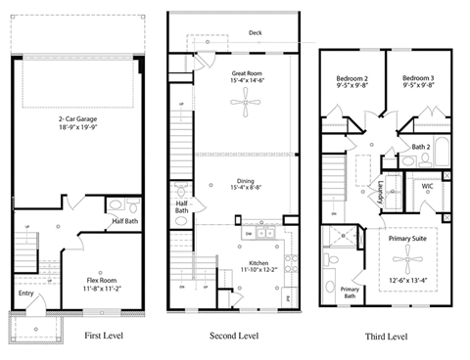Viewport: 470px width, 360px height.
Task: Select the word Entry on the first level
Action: coord(25,292)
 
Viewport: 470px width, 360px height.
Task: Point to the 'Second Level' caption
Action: coord(234,336)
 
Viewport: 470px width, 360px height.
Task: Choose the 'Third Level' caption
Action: coord(388,337)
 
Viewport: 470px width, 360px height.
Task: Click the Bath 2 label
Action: coord(421,147)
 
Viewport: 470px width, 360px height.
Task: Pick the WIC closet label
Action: coord(428,185)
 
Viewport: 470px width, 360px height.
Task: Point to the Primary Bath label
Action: coord(350,292)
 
